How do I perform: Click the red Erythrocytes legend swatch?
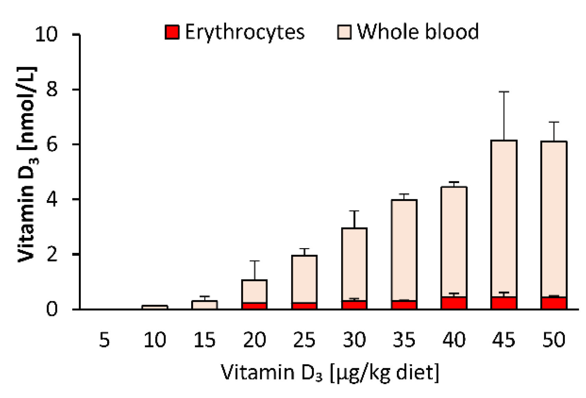point(172,32)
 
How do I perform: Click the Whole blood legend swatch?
point(344,32)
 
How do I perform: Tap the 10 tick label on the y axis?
point(46,35)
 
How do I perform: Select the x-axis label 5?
point(104,340)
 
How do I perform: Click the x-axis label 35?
point(404,340)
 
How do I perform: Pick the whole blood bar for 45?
point(504,218)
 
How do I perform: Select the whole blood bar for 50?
point(554,218)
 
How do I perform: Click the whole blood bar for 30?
point(354,263)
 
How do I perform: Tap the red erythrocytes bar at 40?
point(454,303)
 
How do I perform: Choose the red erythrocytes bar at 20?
point(254,306)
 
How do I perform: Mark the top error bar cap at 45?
point(504,92)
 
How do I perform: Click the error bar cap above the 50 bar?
point(554,122)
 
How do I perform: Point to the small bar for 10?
point(155,307)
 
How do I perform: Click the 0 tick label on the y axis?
point(52,309)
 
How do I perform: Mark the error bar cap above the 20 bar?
point(254,261)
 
